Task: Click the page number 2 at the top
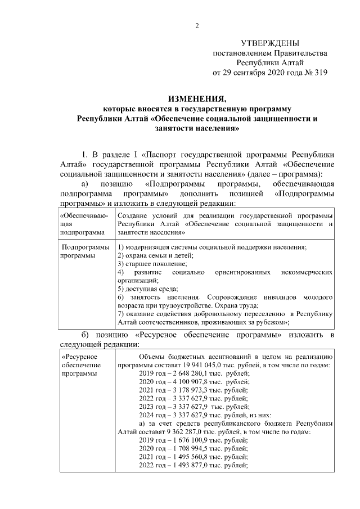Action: [197, 25]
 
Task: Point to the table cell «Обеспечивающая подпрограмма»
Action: [83, 223]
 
